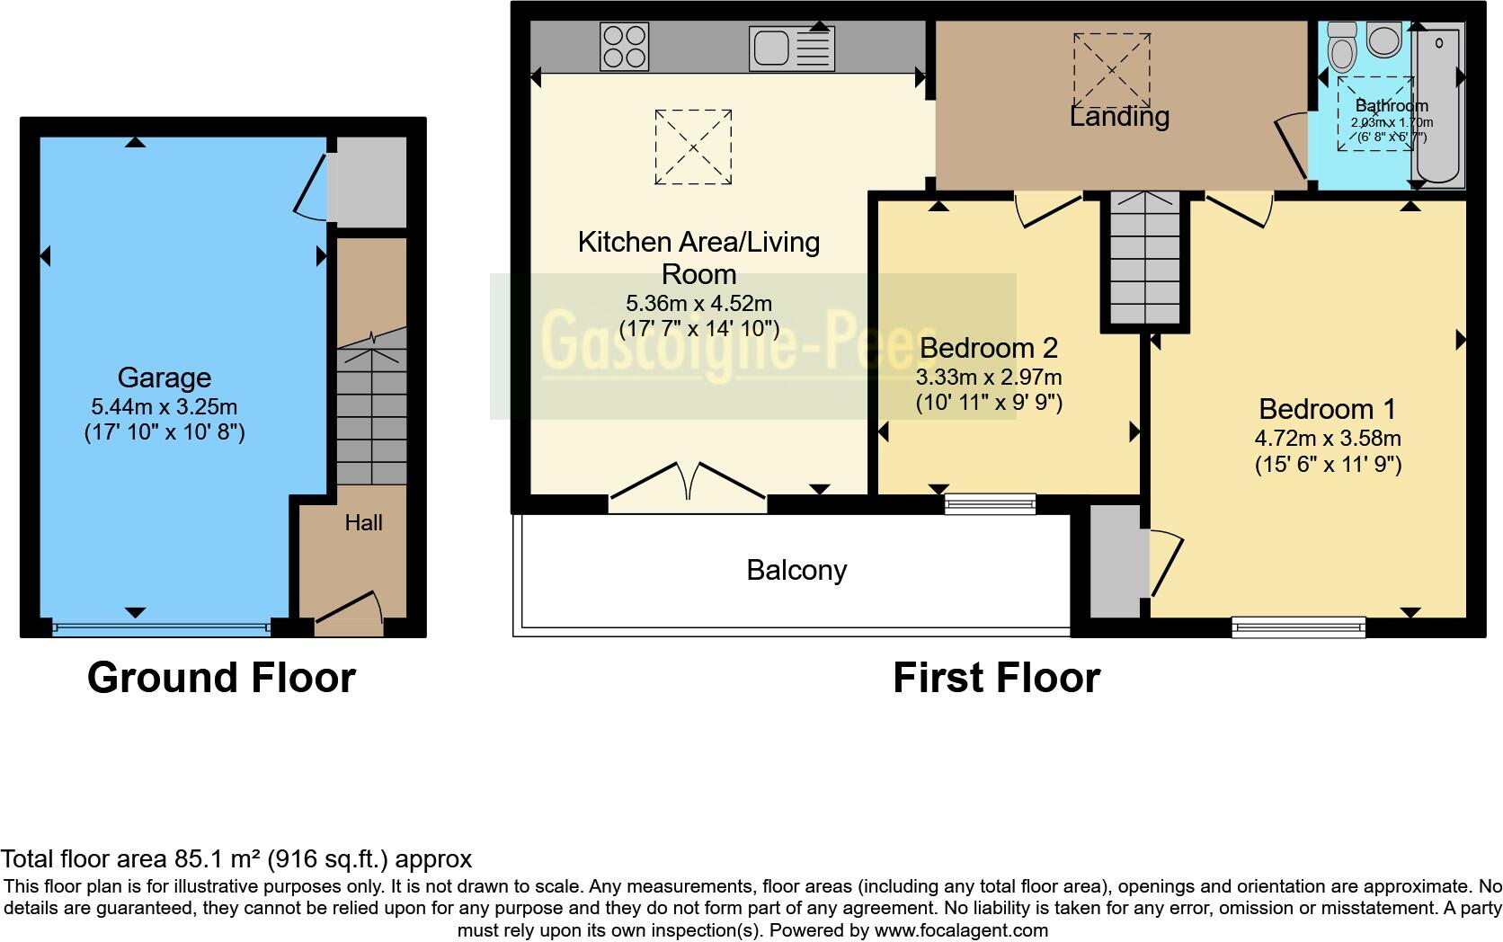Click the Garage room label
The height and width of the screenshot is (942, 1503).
pyautogui.click(x=164, y=378)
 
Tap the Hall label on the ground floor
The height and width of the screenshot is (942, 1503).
pyautogui.click(x=363, y=523)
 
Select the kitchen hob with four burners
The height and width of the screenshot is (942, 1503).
pyautogui.click(x=625, y=46)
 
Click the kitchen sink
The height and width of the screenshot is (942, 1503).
pyautogui.click(x=792, y=48)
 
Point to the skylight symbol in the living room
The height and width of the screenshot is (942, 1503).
pyautogui.click(x=693, y=147)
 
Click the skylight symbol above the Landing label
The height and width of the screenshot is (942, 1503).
pyautogui.click(x=1111, y=70)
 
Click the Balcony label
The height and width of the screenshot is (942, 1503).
pyautogui.click(x=796, y=570)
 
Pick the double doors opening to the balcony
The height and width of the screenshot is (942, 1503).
pyautogui.click(x=688, y=484)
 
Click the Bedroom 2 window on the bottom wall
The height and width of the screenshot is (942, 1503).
pyautogui.click(x=990, y=504)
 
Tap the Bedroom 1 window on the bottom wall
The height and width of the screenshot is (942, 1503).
pyautogui.click(x=1298, y=627)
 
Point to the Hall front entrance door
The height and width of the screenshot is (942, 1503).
pyautogui.click(x=349, y=610)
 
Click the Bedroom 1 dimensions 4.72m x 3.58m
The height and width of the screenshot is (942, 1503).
pyautogui.click(x=1328, y=439)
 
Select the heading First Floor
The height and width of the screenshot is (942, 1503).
pyautogui.click(x=996, y=678)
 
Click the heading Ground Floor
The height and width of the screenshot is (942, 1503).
pyautogui.click(x=221, y=678)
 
